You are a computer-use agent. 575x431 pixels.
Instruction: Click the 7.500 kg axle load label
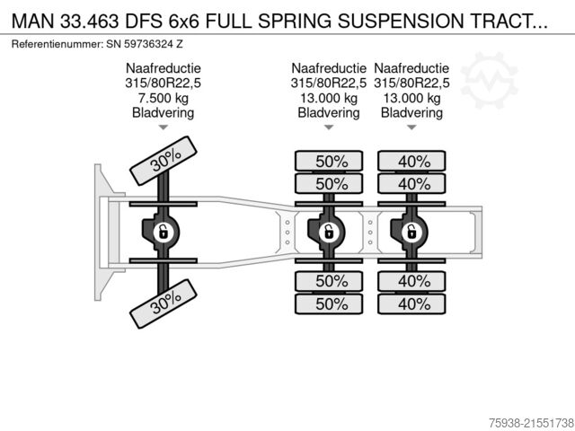pos(164,98)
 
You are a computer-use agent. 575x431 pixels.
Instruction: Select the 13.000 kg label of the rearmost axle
pos(411,98)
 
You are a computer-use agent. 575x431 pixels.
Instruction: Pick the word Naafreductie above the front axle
pos(164,68)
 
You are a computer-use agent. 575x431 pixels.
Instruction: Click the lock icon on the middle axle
pos(329,233)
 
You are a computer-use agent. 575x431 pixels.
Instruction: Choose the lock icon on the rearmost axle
pos(411,233)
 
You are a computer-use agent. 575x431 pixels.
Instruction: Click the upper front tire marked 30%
pos(165,161)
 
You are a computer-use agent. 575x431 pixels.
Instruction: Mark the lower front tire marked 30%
pos(165,303)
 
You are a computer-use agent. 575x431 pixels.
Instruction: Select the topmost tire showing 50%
pos(330,162)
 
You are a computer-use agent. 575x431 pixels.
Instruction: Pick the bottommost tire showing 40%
pos(411,303)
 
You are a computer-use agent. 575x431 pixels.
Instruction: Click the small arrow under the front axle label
pos(164,128)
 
